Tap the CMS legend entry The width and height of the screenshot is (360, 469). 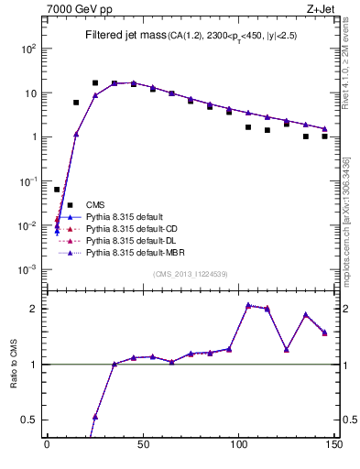tap(95, 204)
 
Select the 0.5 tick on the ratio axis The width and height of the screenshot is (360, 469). tap(31, 420)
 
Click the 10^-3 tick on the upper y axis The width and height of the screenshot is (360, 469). tap(29, 270)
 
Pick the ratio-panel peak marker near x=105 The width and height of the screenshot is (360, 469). tap(248, 305)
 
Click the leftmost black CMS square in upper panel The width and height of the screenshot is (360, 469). tap(57, 190)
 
